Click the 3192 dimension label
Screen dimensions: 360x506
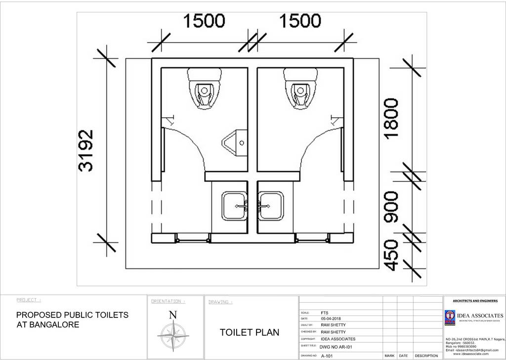[x=86, y=151]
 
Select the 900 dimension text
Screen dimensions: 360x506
[x=391, y=207]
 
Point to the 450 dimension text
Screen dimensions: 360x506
[x=391, y=255]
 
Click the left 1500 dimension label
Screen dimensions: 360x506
[x=204, y=21]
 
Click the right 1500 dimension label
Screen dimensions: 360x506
[x=300, y=21]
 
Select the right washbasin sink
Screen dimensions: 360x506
[x=271, y=206]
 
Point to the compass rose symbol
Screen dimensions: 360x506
[x=173, y=336]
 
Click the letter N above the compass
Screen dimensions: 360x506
[x=173, y=315]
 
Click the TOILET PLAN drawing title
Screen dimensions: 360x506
[x=249, y=332]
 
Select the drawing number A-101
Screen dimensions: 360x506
[x=327, y=356]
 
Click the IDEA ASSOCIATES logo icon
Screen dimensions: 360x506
[x=450, y=317]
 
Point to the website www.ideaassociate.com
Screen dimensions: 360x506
[x=471, y=354]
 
